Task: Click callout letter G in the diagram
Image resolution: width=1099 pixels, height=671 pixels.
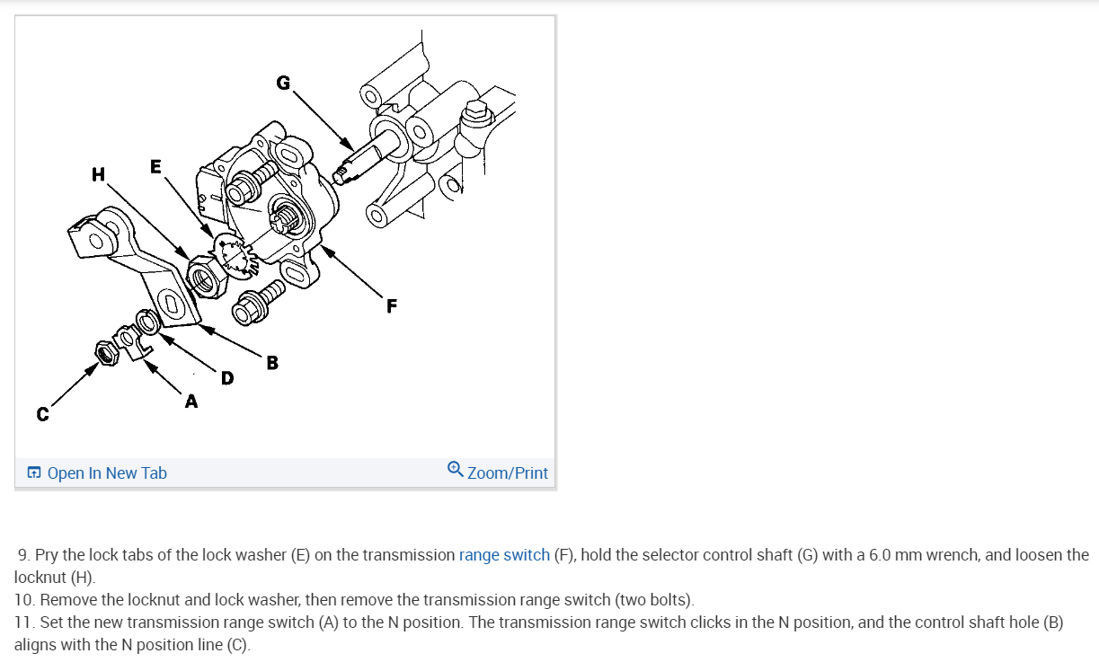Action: (283, 84)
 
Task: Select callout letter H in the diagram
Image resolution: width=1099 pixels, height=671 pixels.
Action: (98, 174)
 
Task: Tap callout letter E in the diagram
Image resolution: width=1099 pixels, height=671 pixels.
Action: (156, 166)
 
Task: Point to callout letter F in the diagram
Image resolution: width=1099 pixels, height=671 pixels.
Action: (391, 306)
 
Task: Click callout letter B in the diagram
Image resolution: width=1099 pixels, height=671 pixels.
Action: (271, 363)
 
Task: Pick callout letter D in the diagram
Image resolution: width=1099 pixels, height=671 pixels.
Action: (226, 379)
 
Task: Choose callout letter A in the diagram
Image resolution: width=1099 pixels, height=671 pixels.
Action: (191, 402)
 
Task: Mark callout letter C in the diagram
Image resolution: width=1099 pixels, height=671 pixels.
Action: (41, 415)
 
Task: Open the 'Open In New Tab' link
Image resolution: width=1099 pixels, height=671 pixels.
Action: (106, 473)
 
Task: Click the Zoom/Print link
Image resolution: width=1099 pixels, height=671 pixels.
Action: (507, 473)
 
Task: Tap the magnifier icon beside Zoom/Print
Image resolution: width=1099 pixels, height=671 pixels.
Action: (456, 470)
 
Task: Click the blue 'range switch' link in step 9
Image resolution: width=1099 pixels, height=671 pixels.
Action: (504, 555)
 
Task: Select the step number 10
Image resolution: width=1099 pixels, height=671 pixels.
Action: (25, 599)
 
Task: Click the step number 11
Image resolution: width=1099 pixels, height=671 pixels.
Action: (24, 622)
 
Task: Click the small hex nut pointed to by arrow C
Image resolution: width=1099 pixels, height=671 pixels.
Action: (107, 353)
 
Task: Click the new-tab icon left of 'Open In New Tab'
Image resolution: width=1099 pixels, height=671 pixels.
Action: (34, 473)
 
